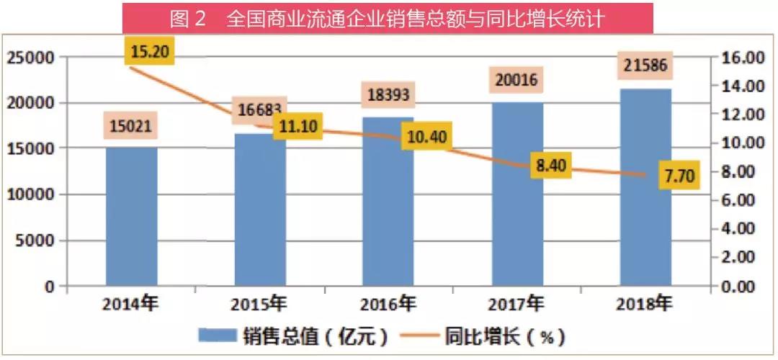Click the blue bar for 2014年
coord(131,216)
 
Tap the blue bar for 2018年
coord(645,187)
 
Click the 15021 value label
coord(132,126)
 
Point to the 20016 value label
coord(517,79)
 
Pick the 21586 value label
coord(645,67)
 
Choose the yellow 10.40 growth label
coord(426,137)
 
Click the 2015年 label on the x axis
coord(259,304)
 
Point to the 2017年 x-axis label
coord(517,304)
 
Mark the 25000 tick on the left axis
coord(30,57)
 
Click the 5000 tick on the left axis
coord(35,240)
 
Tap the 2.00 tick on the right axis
coord(742,257)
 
